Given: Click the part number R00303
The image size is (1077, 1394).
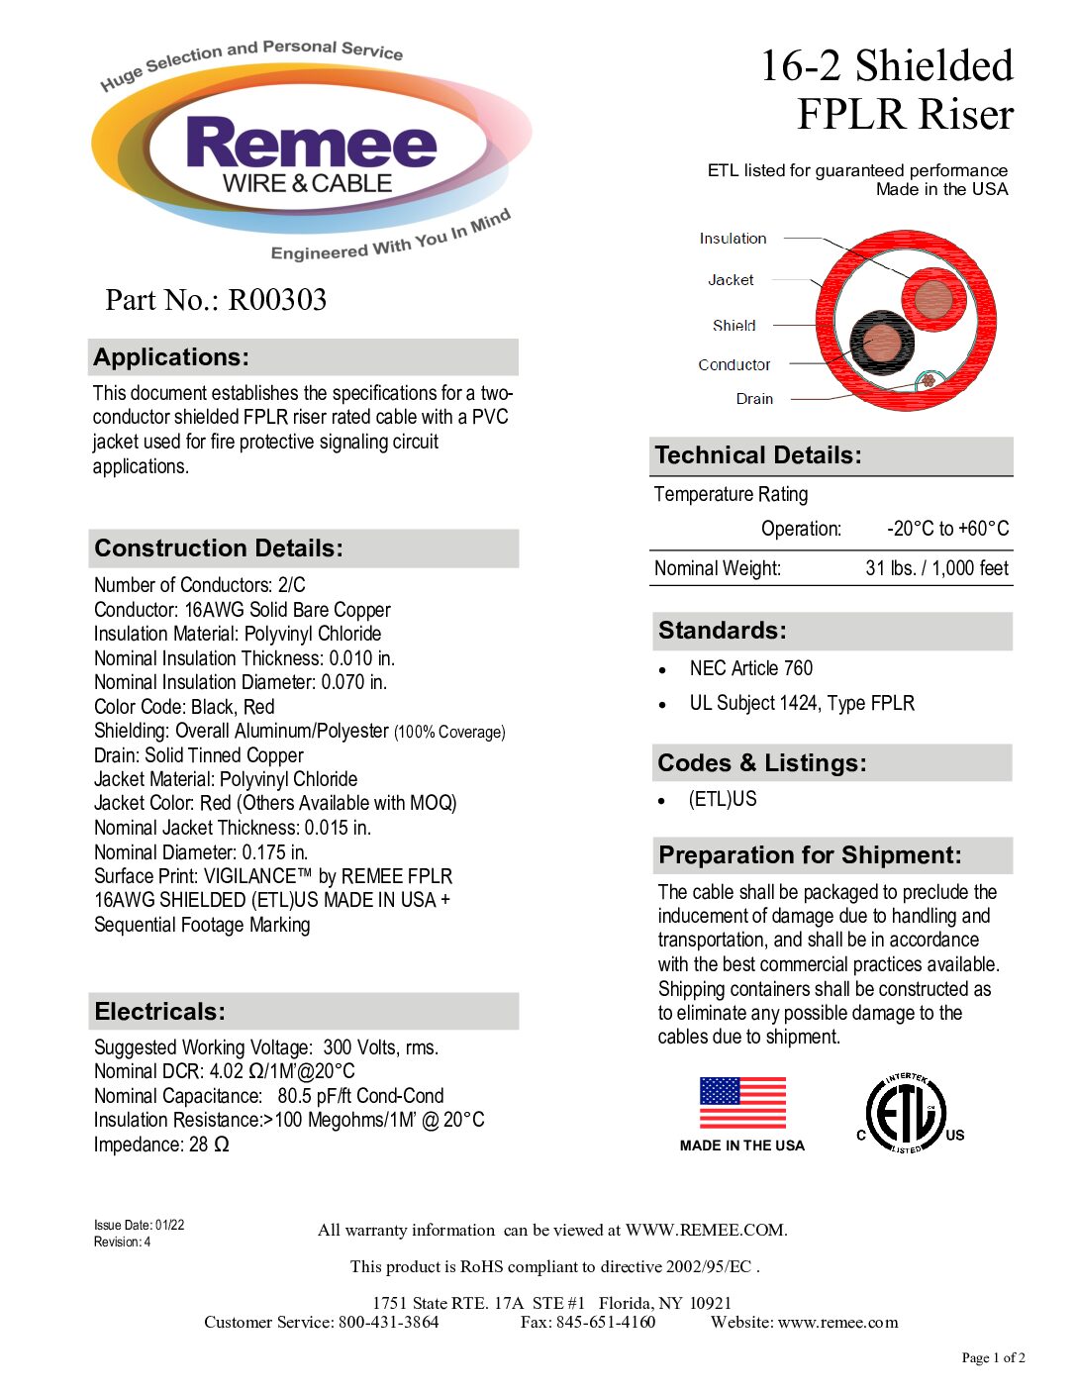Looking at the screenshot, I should (x=277, y=300).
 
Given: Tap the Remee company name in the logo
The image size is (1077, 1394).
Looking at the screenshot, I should (x=311, y=144).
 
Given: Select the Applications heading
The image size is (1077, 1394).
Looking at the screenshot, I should (x=171, y=357).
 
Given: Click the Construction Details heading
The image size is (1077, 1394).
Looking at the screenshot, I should (x=219, y=548).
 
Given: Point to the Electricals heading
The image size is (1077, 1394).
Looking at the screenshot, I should (x=159, y=1012).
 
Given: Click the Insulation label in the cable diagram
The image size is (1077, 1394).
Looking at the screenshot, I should (x=733, y=239).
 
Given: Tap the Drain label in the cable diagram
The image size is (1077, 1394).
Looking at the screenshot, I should (x=754, y=399).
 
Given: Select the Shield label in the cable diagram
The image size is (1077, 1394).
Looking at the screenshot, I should (x=734, y=326).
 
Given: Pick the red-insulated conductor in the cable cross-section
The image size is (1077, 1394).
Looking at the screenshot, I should (x=933, y=298).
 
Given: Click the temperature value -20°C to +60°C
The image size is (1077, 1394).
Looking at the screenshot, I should (x=947, y=529).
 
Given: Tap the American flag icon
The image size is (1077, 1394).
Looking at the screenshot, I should (x=742, y=1103).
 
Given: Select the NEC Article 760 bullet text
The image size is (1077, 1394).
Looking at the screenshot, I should (x=750, y=668).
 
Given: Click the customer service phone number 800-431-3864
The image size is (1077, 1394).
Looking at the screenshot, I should (x=388, y=1323).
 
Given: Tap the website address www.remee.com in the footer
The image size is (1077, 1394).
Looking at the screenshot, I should (x=837, y=1323).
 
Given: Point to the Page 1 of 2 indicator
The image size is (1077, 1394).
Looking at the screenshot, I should (x=993, y=1358).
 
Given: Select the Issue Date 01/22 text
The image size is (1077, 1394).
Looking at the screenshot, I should (x=139, y=1226).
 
